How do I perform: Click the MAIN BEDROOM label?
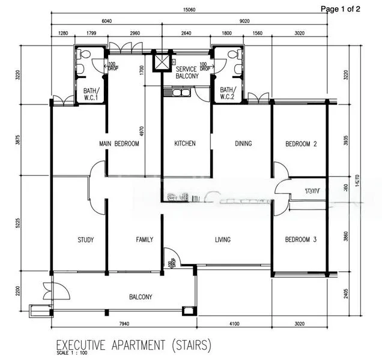coord(119,144)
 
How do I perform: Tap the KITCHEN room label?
coord(185,144)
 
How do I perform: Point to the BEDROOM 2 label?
coord(301,144)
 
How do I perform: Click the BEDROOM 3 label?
coord(301,240)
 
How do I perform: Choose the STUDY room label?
coord(85,240)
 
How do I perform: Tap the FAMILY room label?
coord(144,240)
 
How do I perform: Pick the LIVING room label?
coord(223,240)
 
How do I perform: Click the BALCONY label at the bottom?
coord(141,297)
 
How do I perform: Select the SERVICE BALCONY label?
coord(187,73)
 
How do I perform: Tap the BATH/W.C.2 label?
coord(228,94)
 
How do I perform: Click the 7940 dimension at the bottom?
coord(124,325)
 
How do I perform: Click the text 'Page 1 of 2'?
coord(341,8)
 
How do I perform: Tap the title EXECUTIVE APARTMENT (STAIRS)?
coord(133,345)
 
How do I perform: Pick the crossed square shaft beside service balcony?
coord(160,61)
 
